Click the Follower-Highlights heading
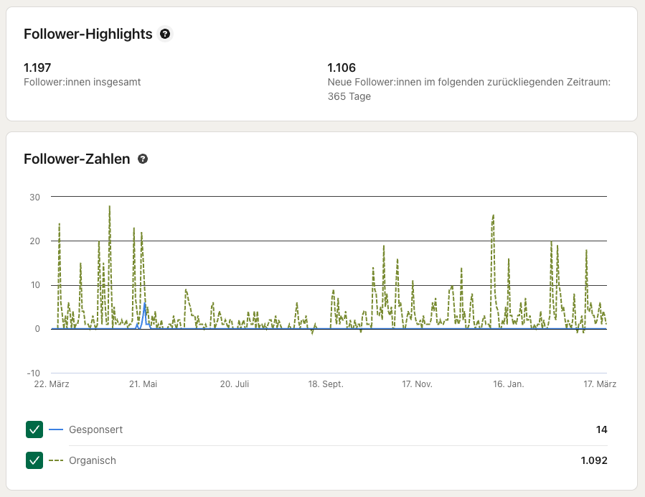pos(88,34)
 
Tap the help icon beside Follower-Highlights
pos(165,34)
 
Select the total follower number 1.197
pos(37,68)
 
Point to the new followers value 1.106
pos(342,68)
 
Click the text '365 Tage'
pos(349,96)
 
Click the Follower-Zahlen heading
pos(77,159)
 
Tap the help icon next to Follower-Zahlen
pos(143,159)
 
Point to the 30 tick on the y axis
pos(34,197)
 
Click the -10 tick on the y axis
pos(33,373)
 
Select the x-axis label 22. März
pos(52,384)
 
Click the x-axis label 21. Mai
pos(143,384)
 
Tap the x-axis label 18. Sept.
pos(326,384)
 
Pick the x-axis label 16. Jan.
pos(508,384)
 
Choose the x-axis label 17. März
pos(599,384)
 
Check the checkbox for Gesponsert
pos(34,429)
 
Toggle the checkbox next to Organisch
pos(34,460)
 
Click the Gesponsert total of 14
pos(601,429)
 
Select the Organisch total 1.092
pos(594,460)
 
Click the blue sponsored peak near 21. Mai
pos(145,305)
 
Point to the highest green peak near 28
pos(110,207)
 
